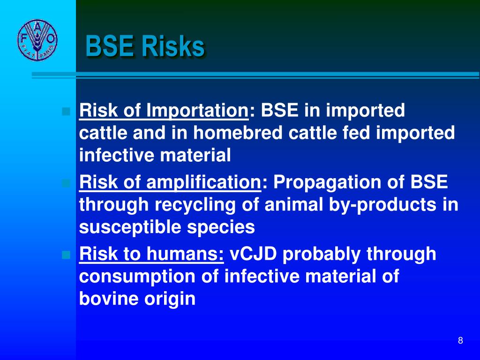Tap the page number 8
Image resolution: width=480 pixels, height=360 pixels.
point(460,341)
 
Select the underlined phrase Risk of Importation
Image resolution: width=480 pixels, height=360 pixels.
point(164,111)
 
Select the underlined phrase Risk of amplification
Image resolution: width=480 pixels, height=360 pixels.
point(170,182)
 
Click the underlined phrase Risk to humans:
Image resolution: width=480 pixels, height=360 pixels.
point(151,254)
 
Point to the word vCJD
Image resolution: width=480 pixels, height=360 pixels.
point(253,254)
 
